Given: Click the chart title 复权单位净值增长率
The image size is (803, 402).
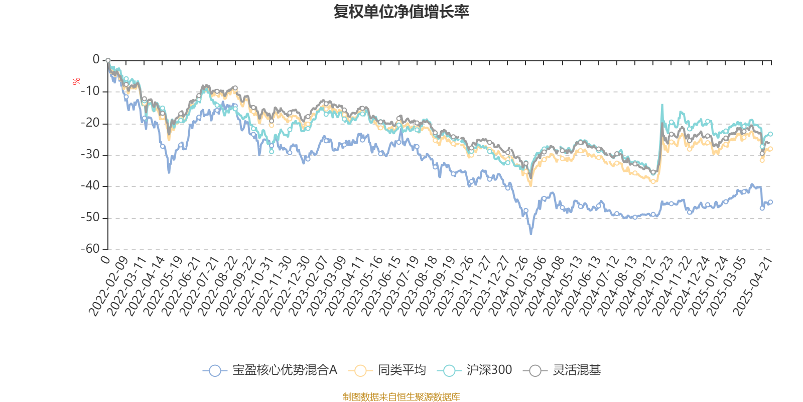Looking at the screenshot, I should (x=401, y=12).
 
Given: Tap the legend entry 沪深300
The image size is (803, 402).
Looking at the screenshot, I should (x=474, y=370).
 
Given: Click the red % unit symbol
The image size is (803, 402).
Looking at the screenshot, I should (x=76, y=81).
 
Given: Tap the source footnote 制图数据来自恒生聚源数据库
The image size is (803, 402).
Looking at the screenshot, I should (x=401, y=397).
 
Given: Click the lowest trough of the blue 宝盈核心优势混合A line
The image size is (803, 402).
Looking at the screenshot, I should (x=531, y=234).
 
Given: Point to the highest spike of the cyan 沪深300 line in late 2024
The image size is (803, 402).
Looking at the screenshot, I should (x=662, y=105).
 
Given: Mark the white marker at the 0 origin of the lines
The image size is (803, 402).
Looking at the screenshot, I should (x=108, y=60).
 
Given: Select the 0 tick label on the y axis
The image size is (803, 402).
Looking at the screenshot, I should (x=96, y=60).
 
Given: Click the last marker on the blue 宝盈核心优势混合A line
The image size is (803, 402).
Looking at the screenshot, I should (x=770, y=202).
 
